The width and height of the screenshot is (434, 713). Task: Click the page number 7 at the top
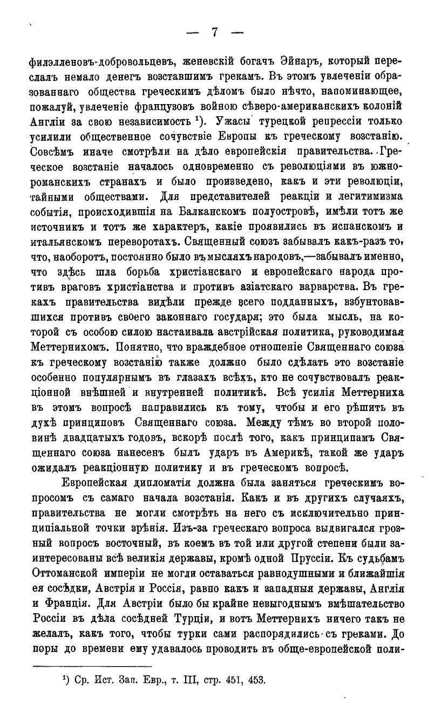click(214, 32)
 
